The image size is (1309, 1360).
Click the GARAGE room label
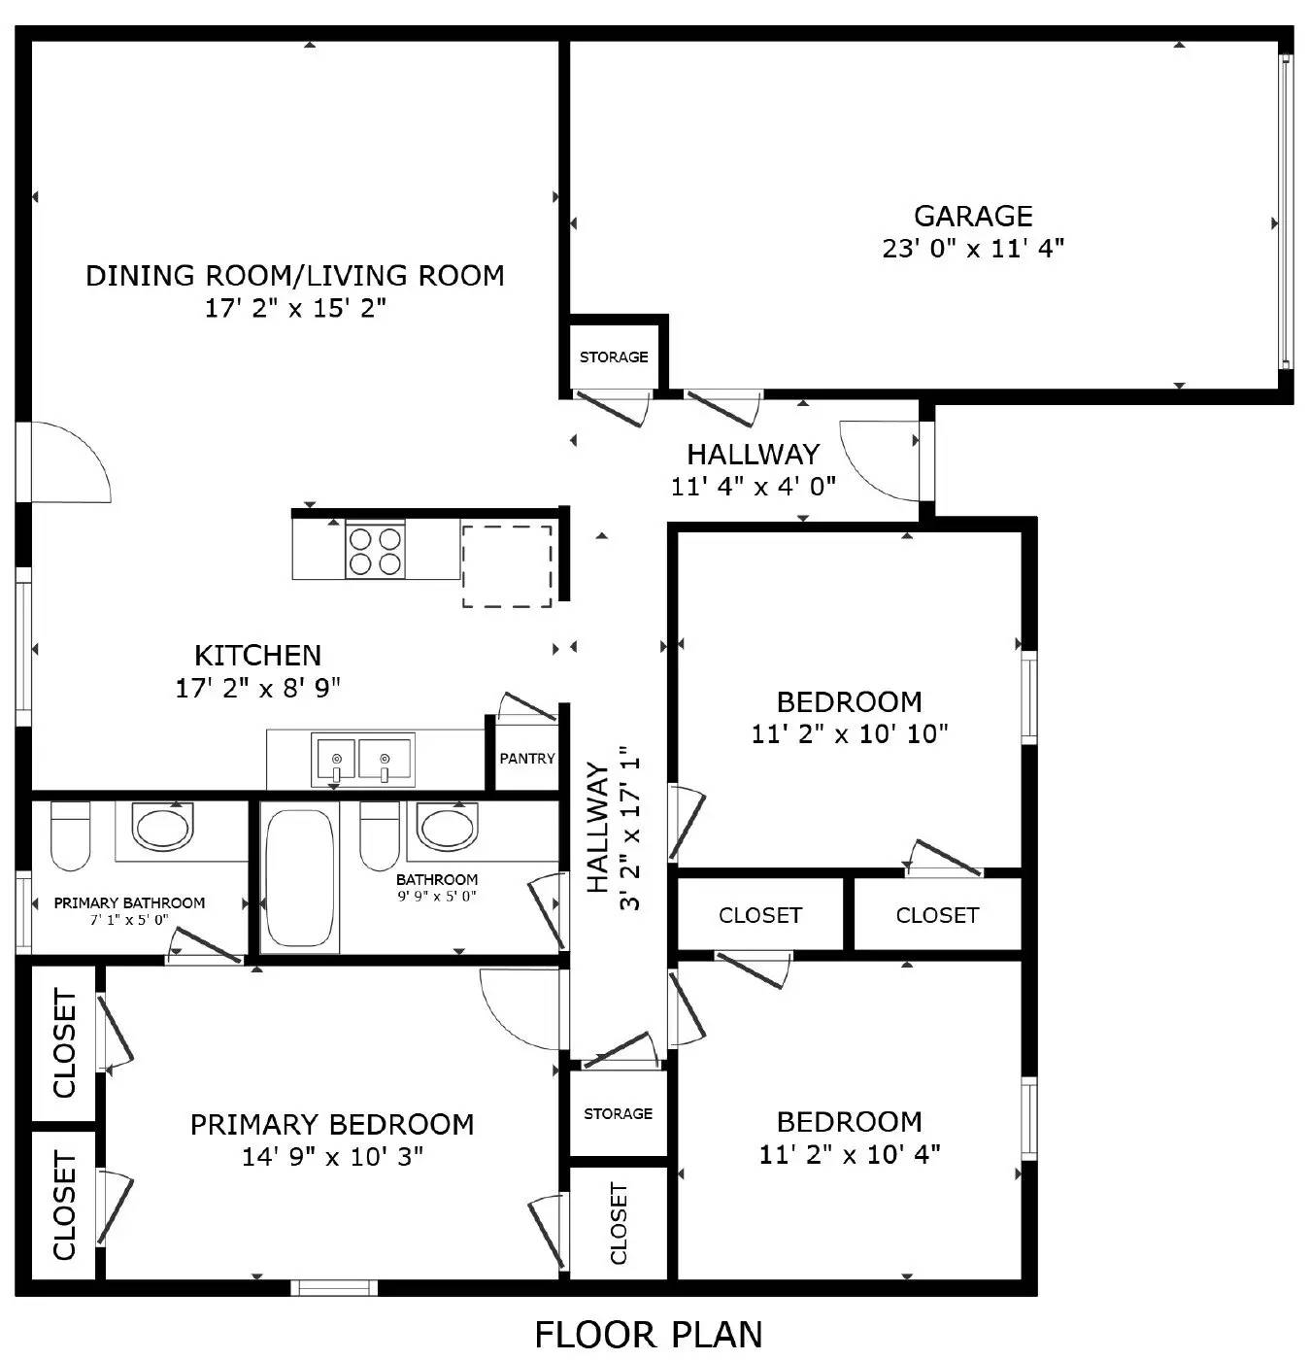coord(973,216)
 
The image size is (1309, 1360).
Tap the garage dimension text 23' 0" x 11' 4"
coord(973,249)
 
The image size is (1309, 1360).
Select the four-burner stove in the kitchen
coord(375,551)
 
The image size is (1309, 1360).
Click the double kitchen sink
coord(362,760)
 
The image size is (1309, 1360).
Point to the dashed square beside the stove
coord(506,566)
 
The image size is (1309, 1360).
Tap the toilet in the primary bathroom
coord(70,835)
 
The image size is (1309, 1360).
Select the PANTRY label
coord(527,759)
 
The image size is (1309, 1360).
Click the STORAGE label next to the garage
coord(614,357)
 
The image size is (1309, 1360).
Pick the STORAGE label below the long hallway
coord(618,1114)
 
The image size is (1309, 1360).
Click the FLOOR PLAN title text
coord(649,1335)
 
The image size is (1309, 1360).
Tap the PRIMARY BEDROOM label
coord(332,1125)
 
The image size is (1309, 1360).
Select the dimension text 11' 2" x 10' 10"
coord(850,734)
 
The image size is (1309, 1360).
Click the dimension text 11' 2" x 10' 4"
coord(850,1155)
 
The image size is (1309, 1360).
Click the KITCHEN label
coord(257,656)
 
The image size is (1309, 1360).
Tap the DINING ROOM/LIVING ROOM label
coord(295,276)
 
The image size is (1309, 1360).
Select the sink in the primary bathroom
coord(162,829)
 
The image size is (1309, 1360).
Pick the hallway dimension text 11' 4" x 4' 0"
coord(753,486)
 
